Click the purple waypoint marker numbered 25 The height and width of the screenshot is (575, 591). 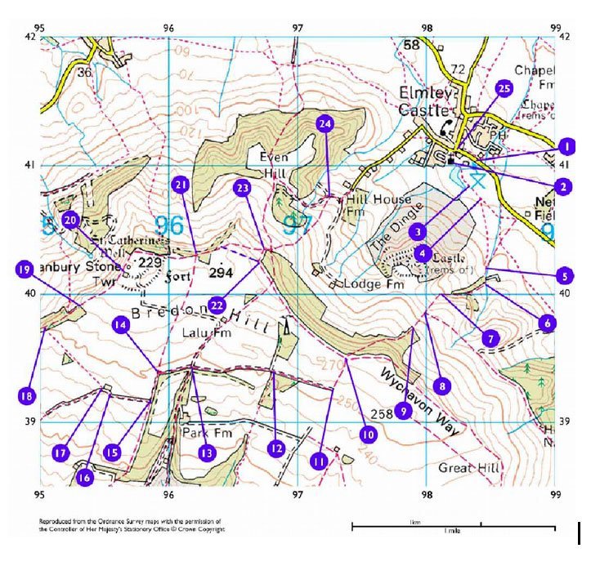tap(504, 89)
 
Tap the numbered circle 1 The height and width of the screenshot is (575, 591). tap(563, 147)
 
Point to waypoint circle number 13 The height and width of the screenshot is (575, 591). tap(207, 452)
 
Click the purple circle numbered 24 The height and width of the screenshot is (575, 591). tap(325, 124)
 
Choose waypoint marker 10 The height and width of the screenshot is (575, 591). tap(367, 435)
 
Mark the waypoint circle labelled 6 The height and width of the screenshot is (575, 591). tap(547, 323)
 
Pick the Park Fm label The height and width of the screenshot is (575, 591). tap(203, 430)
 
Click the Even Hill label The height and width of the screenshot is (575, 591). tap(275, 163)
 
